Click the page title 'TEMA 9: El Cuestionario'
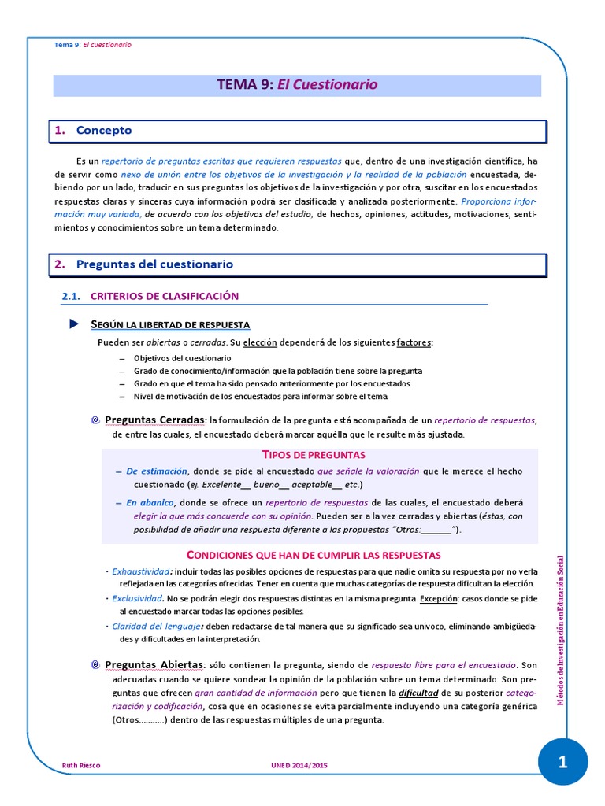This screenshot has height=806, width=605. point(298,85)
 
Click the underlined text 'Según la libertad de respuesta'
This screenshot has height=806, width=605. point(170,325)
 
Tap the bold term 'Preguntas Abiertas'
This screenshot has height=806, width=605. point(154,664)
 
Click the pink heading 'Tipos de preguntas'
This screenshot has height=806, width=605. point(313,455)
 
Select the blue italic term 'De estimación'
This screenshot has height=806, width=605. point(157,471)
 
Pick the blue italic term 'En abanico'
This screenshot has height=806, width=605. point(150,502)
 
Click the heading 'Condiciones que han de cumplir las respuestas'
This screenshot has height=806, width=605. point(312,555)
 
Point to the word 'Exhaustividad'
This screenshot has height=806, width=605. point(140,571)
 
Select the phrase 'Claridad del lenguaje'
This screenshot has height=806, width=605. point(155,627)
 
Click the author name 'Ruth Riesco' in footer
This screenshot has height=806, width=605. point(80,765)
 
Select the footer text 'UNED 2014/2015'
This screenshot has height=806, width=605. point(297,765)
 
